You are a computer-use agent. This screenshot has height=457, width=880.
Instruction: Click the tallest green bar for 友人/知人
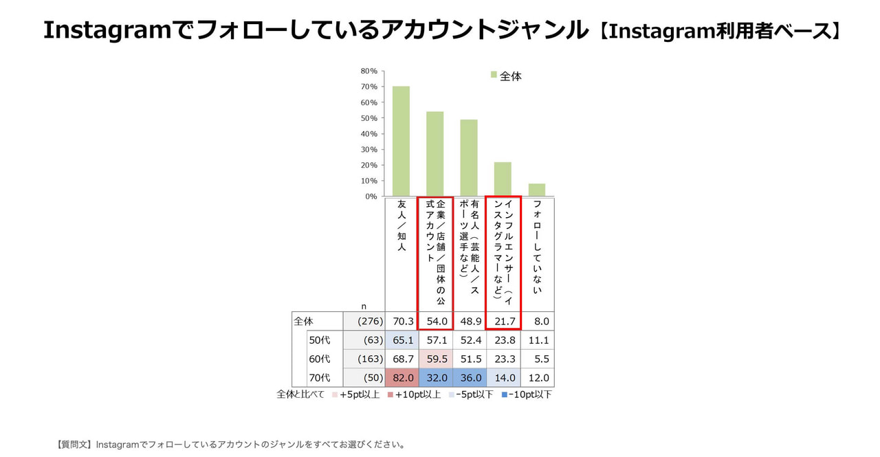pos(401,141)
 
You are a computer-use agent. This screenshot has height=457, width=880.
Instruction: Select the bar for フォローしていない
pos(536,190)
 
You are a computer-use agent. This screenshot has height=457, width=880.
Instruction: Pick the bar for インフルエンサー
pos(503,179)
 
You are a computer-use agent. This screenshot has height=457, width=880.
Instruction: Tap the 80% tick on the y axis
pos(369,71)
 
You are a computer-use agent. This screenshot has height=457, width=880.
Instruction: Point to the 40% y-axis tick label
pos(369,134)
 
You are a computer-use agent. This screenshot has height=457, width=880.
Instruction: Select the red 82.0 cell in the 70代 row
pos(401,377)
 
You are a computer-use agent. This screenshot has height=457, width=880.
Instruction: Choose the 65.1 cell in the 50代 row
pos(401,340)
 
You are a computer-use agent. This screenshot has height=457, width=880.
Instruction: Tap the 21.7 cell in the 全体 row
pos(503,321)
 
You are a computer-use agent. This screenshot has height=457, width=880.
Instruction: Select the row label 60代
pos(320,359)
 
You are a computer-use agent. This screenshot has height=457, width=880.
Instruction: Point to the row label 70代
pos(320,377)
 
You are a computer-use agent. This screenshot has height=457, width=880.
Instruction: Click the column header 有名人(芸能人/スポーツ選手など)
pos(470,247)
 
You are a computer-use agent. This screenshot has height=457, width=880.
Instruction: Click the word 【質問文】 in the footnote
pos(75,445)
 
